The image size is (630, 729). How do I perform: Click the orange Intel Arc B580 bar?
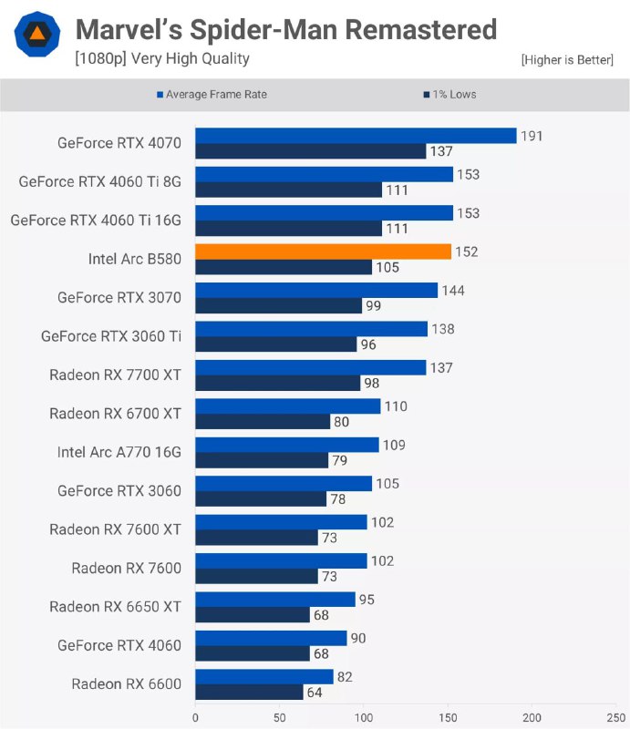(x=323, y=252)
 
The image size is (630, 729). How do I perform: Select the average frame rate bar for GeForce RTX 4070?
(x=356, y=136)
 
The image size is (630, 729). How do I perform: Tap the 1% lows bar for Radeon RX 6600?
(x=249, y=693)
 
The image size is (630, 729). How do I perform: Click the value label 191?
(x=531, y=136)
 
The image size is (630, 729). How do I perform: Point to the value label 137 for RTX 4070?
(x=441, y=151)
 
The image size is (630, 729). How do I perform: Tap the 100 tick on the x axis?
(x=363, y=716)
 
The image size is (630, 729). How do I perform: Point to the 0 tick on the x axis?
(x=195, y=716)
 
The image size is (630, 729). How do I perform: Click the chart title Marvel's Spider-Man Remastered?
(x=285, y=30)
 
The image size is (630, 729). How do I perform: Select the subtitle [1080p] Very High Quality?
(x=162, y=59)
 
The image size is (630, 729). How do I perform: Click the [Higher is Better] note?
(x=567, y=60)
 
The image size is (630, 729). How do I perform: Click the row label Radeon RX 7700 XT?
(x=115, y=375)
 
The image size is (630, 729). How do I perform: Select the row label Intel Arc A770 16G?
(x=119, y=452)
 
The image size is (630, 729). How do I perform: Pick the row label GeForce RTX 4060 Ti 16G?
(x=96, y=221)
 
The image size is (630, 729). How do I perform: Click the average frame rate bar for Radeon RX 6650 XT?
(x=274, y=600)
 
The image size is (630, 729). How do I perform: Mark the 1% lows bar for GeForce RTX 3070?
(x=278, y=306)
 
